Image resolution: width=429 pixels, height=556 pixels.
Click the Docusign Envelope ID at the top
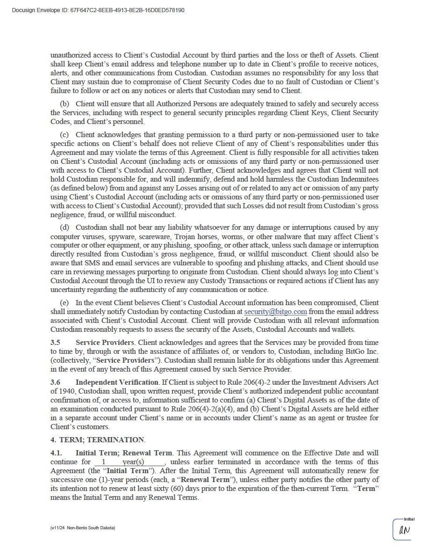click(98, 10)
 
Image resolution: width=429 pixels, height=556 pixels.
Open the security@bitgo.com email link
click(275, 312)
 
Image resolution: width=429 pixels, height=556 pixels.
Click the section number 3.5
click(55, 343)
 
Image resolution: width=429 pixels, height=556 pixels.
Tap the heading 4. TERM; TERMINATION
click(98, 440)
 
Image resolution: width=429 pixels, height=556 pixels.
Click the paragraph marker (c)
click(64, 135)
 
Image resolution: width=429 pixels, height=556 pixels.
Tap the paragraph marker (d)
click(64, 227)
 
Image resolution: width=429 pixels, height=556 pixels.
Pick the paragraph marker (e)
click(64, 303)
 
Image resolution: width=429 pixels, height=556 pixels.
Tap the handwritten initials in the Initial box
click(404, 530)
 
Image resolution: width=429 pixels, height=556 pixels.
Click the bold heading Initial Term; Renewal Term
click(124, 453)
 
